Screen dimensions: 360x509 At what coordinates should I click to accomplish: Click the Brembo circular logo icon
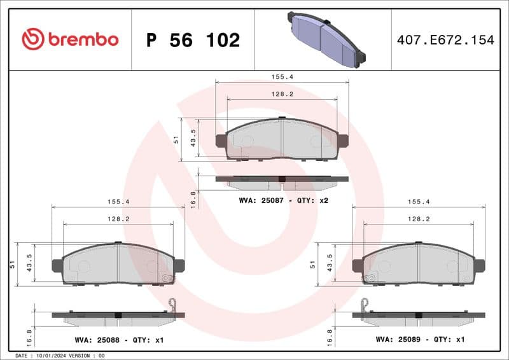[x=33, y=39]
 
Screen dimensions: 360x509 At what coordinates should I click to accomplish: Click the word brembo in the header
[x=83, y=39]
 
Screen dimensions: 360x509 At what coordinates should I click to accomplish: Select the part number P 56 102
[x=193, y=40]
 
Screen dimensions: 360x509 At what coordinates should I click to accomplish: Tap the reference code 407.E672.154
[x=445, y=40]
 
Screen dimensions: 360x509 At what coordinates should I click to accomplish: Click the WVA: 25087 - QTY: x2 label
[x=283, y=200]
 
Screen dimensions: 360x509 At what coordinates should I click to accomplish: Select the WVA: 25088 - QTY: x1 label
[x=118, y=340]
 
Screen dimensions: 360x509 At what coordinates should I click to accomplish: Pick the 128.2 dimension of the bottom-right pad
[x=418, y=218]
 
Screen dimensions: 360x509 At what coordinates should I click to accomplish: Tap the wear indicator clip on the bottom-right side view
[x=364, y=306]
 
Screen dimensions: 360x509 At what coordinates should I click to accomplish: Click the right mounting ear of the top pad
[x=343, y=141]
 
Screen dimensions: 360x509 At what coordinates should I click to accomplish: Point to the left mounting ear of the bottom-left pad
[x=57, y=266]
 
